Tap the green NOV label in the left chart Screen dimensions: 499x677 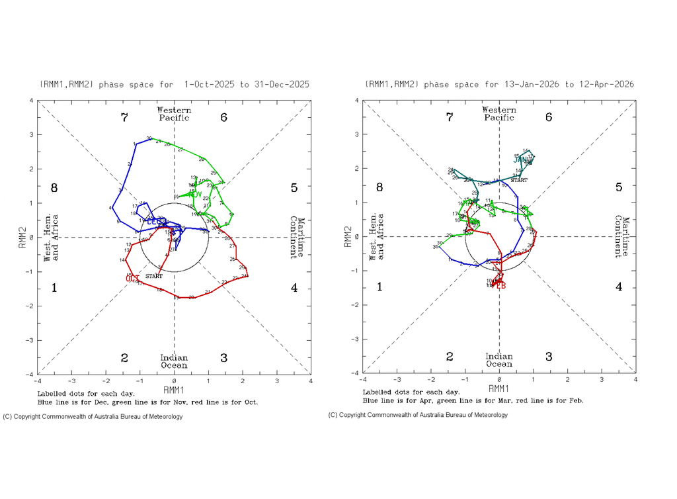195,194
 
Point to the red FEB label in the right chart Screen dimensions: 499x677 500,285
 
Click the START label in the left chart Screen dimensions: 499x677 153,275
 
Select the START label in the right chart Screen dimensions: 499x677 519,180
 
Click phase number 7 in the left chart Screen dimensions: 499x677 124,118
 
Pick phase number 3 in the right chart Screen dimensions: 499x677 549,357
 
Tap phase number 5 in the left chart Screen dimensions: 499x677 294,188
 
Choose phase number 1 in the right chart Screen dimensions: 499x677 379,287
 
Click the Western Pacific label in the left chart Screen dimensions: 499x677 173,114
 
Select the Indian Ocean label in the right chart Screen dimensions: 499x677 498,360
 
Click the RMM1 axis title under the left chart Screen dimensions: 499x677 173,389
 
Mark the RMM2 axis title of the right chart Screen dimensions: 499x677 347,236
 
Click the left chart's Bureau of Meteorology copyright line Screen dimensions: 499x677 93,417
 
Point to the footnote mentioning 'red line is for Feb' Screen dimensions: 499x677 473,400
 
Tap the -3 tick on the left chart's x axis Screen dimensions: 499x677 71,381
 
